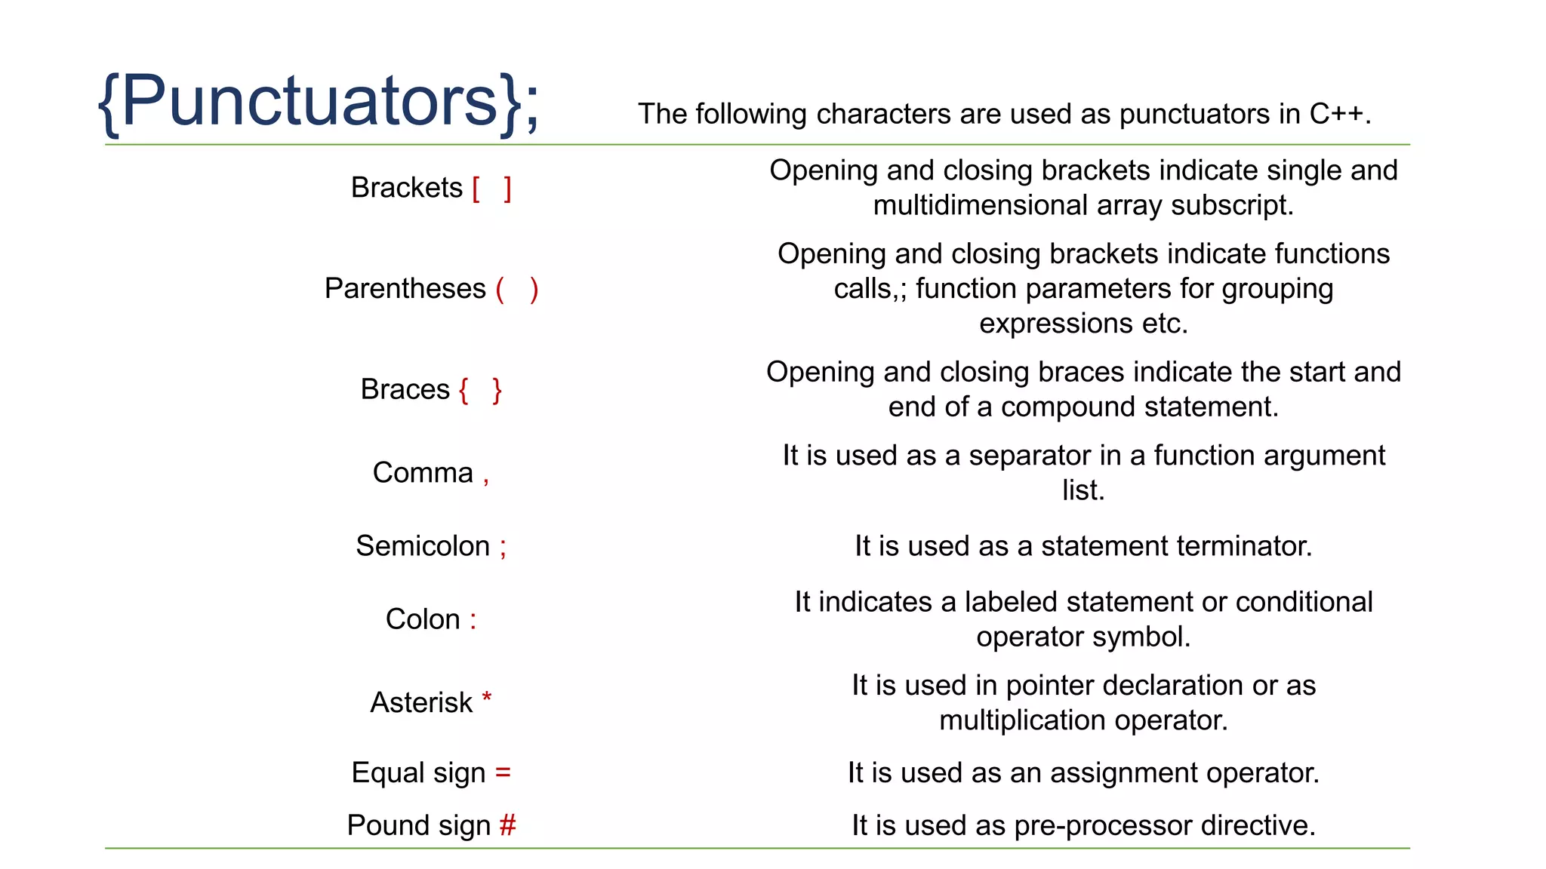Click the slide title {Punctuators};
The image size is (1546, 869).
click(319, 101)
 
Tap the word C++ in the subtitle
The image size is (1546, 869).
click(1336, 114)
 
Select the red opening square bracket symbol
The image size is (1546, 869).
click(476, 189)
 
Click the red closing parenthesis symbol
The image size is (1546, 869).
click(534, 290)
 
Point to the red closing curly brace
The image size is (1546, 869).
click(497, 390)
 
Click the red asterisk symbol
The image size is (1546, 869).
click(487, 697)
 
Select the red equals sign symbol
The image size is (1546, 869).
click(503, 773)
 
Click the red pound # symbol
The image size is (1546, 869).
click(507, 825)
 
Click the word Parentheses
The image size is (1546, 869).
click(405, 289)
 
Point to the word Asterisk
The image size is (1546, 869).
click(421, 702)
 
